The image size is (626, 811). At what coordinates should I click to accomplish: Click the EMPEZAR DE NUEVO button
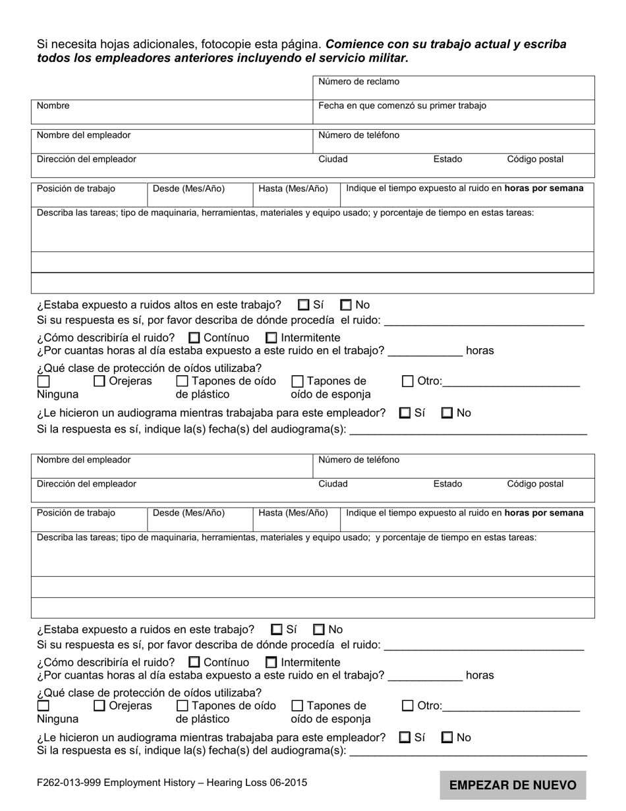513,785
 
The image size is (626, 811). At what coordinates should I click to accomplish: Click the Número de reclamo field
453,88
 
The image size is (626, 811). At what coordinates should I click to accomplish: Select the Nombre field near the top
172,112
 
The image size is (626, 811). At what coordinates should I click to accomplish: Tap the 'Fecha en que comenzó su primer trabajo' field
453,112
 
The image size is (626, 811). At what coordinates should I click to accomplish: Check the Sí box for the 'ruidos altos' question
304,305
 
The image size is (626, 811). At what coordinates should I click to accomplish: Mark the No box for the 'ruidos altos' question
346,305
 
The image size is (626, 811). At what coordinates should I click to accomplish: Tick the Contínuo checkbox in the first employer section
194,338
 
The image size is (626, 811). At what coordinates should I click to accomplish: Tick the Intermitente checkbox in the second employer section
271,663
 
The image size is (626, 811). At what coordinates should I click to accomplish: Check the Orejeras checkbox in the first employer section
100,381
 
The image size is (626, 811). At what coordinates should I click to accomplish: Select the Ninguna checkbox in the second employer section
43,706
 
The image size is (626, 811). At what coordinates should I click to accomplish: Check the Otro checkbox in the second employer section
408,706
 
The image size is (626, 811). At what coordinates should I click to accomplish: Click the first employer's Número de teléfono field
453,140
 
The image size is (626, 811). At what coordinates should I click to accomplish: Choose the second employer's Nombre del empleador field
172,466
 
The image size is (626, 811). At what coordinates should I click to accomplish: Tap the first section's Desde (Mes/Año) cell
200,194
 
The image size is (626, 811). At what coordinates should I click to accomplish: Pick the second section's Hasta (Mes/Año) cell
297,519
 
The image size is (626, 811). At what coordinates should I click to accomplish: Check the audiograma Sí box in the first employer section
405,413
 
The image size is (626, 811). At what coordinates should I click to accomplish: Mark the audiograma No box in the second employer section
447,738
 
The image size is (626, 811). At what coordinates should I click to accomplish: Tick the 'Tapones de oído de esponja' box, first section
297,381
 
